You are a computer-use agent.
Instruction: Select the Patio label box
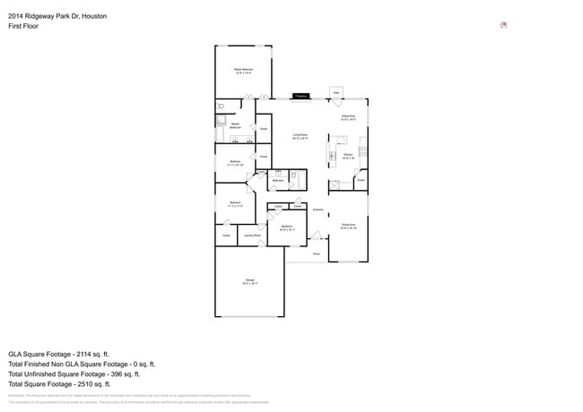click(336, 92)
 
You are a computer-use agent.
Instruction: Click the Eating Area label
click(348, 117)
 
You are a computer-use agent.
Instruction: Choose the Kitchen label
click(349, 156)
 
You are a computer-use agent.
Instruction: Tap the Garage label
click(250, 281)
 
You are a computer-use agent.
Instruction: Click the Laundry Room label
click(252, 236)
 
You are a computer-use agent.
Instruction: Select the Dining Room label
click(349, 226)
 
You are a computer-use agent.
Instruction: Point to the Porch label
click(317, 253)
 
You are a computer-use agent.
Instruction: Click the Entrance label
click(318, 209)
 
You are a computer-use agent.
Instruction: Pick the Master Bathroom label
click(235, 125)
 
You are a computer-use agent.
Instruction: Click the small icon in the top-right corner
click(503, 25)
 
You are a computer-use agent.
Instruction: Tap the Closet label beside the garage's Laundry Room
click(226, 236)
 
